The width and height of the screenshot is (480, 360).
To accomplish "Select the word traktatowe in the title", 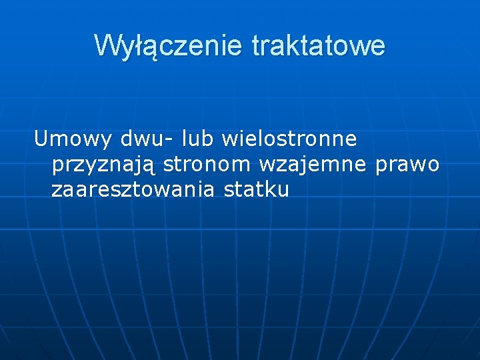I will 319,46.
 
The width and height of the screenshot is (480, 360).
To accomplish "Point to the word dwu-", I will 146,139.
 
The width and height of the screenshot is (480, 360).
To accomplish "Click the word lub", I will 199,139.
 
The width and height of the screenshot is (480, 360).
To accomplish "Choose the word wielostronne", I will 289,139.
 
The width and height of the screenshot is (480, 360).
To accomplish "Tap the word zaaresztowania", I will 133,190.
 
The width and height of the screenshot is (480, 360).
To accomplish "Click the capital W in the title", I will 106,46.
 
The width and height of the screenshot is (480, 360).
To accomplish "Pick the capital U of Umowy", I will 41,139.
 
